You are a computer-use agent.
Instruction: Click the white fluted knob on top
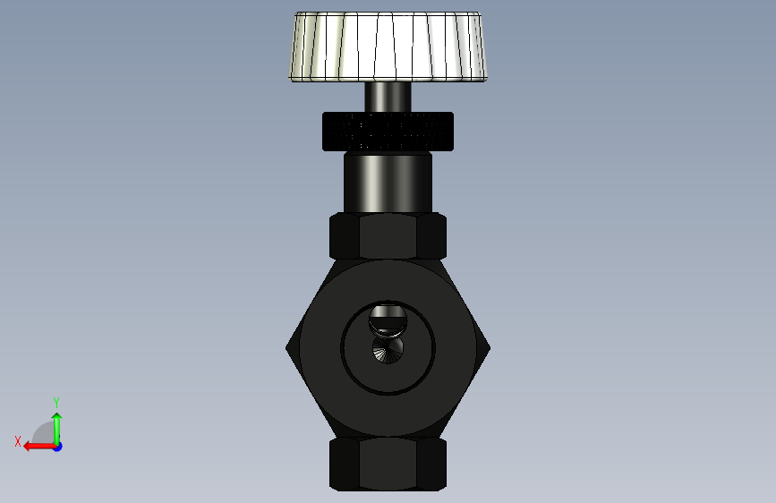[388, 47]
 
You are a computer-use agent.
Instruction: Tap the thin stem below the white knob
[388, 97]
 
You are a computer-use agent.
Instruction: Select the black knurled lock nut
[388, 132]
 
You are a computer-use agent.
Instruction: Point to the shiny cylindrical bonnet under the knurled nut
[388, 183]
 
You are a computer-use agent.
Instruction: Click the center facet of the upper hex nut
[388, 235]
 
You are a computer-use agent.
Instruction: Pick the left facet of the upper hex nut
[345, 235]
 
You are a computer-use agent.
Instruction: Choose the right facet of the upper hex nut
[431, 235]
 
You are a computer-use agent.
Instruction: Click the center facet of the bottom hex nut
[388, 465]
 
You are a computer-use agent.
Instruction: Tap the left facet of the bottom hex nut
[345, 465]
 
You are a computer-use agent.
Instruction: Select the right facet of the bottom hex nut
[431, 465]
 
